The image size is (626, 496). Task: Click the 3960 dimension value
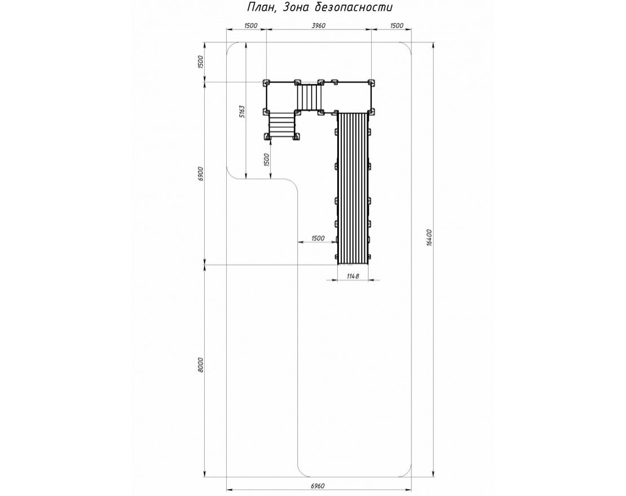pyautogui.click(x=319, y=26)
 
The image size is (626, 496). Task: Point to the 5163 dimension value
pyautogui.click(x=241, y=111)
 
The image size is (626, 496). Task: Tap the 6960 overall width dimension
pyautogui.click(x=318, y=485)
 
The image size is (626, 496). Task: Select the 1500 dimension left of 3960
pyautogui.click(x=251, y=26)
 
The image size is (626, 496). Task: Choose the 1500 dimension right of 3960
pyautogui.click(x=396, y=26)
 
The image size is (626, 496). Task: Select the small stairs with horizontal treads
pyautogui.click(x=281, y=125)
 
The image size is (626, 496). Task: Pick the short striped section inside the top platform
pyautogui.click(x=309, y=97)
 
